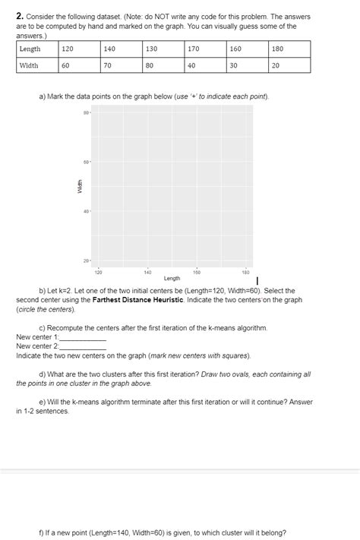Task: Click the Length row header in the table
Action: pyautogui.click(x=30, y=49)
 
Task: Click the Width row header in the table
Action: pyautogui.click(x=29, y=65)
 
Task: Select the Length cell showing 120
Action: pyautogui.click(x=68, y=49)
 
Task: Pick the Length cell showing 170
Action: pyautogui.click(x=193, y=49)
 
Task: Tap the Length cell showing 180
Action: pyautogui.click(x=277, y=49)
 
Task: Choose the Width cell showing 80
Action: pyautogui.click(x=150, y=65)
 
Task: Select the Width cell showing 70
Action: pyautogui.click(x=108, y=65)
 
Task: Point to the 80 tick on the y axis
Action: pyautogui.click(x=86, y=114)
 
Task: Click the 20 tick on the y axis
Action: pyautogui.click(x=86, y=261)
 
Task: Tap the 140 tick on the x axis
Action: pyautogui.click(x=147, y=270)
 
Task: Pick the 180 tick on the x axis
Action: pyautogui.click(x=245, y=270)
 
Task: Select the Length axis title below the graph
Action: pyautogui.click(x=172, y=278)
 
